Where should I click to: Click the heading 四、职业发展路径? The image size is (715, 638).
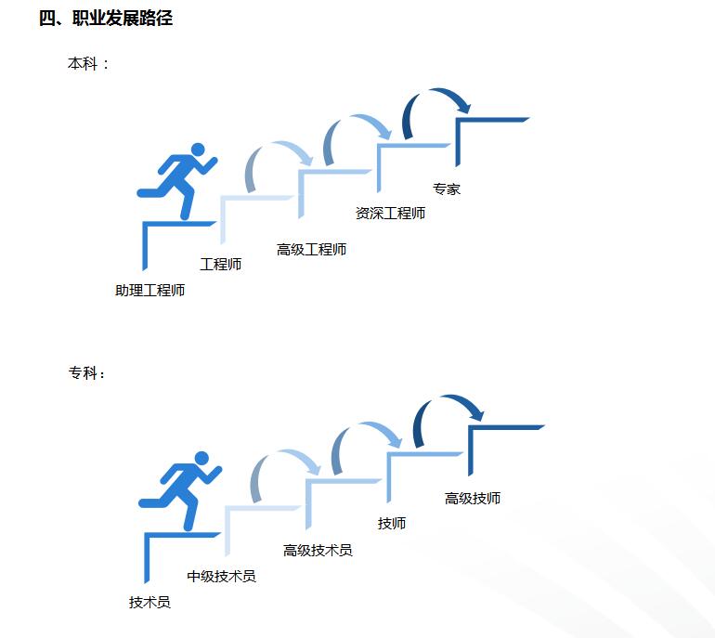106,18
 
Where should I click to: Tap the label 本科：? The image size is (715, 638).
88,64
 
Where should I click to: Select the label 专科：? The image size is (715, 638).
87,373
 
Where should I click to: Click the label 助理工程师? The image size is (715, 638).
149,291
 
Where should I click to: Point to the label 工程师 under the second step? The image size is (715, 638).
220,265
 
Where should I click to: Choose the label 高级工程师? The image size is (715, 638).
311,250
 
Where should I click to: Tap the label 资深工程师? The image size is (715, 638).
390,214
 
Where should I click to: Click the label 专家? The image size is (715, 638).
446,189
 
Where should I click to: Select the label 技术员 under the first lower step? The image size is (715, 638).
149,603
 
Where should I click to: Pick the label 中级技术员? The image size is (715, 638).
221,577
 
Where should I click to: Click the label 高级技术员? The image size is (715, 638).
318,551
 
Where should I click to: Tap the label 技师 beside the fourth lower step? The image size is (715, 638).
391,524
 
